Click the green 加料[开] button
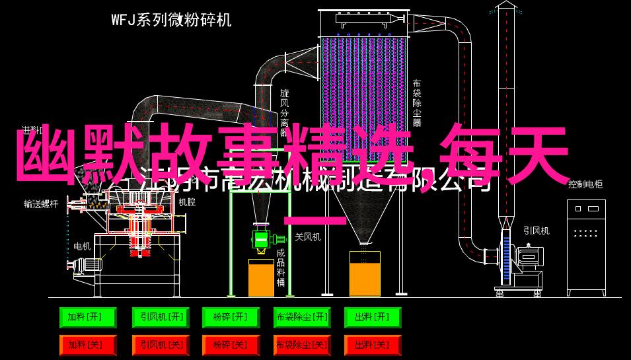click(87, 318)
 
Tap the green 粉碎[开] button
click(230, 318)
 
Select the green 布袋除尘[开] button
click(301, 318)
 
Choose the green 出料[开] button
click(373, 318)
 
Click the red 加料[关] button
click(87, 345)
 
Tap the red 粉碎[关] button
click(230, 345)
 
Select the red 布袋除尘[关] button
click(301, 345)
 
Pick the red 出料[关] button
click(373, 345)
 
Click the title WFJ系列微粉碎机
click(171, 20)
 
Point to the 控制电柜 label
click(585, 185)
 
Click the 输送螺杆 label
click(40, 204)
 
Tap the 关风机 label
click(307, 236)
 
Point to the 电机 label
click(82, 246)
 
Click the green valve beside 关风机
click(261, 238)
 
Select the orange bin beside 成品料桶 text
click(261, 277)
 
